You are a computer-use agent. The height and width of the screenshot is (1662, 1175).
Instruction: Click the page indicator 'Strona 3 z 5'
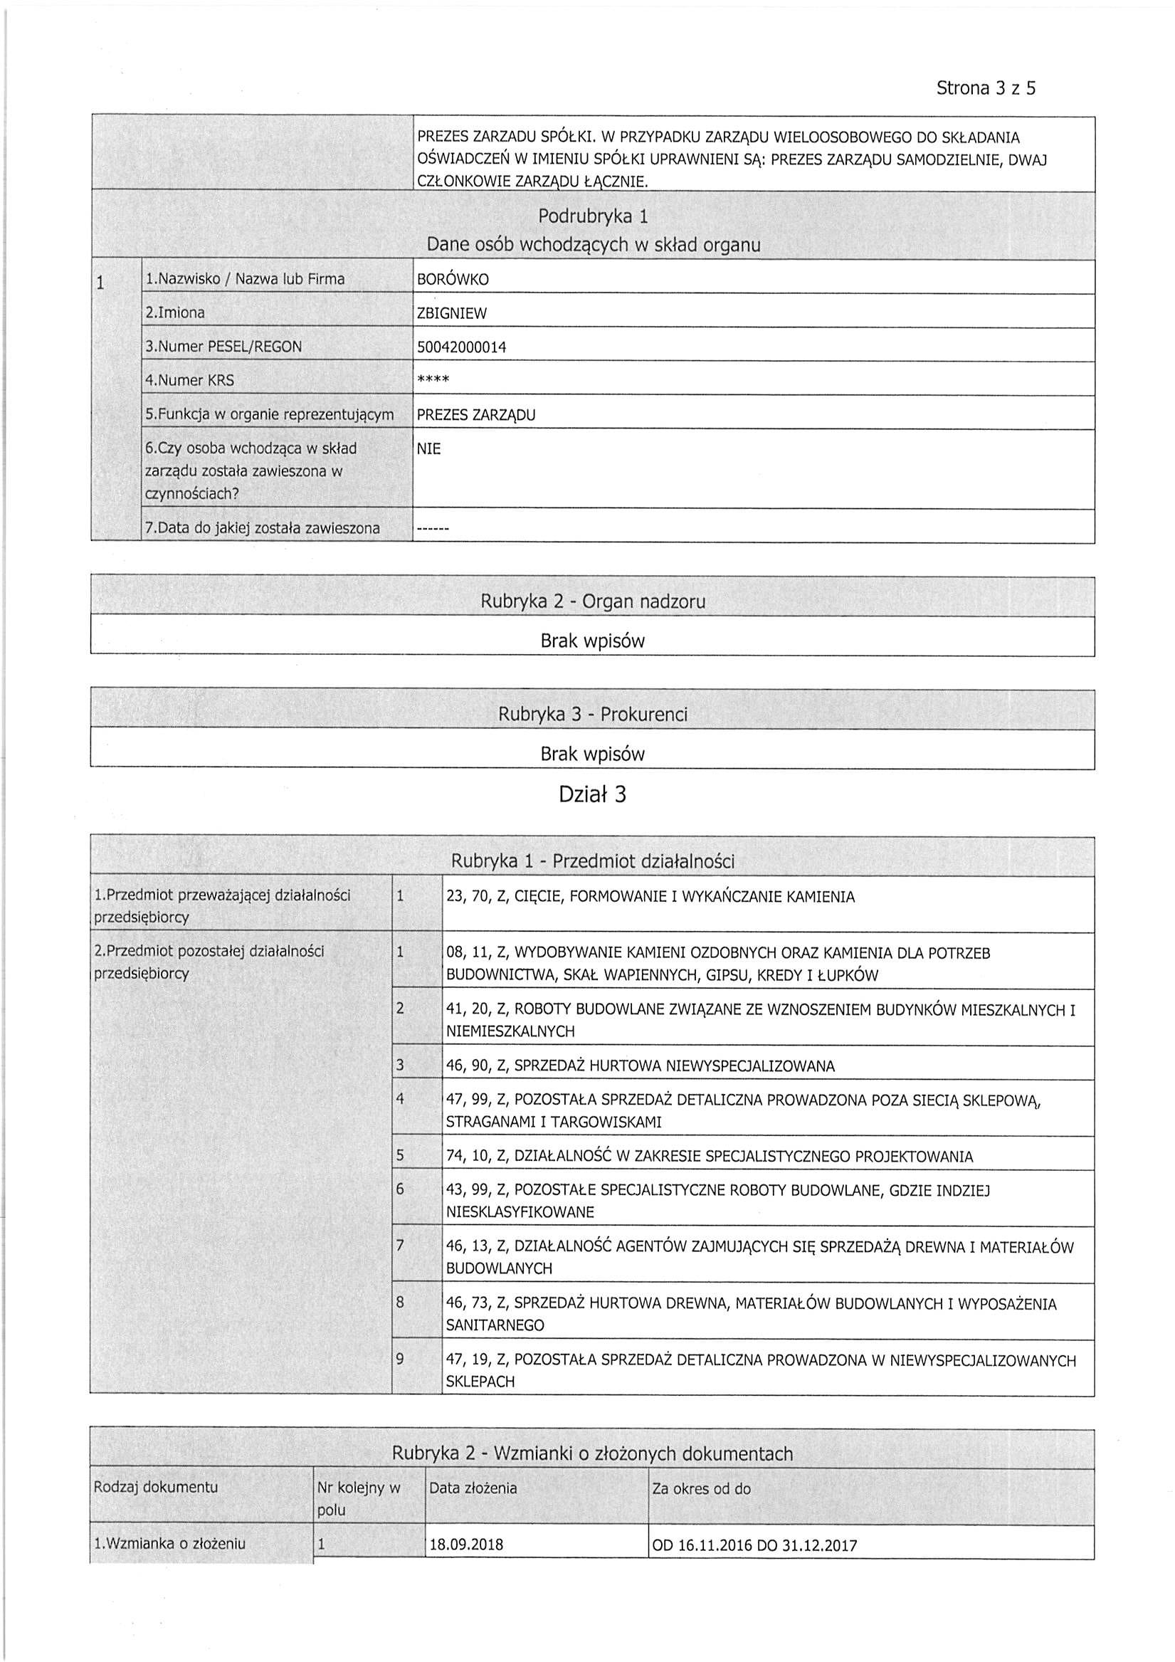[x=985, y=88]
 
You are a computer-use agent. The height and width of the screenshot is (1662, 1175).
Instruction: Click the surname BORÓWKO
[x=453, y=280]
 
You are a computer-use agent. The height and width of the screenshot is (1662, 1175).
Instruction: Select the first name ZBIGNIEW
[x=452, y=313]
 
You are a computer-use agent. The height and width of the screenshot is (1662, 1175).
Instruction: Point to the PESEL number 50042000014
[x=461, y=347]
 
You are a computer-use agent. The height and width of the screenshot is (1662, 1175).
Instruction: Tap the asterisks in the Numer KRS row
[x=433, y=380]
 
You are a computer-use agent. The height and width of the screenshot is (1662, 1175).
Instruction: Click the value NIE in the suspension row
[x=428, y=449]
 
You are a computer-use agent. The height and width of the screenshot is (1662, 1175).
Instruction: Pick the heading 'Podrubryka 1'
[x=593, y=216]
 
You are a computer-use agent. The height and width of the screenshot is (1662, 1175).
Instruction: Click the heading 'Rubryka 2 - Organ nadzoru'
[x=592, y=601]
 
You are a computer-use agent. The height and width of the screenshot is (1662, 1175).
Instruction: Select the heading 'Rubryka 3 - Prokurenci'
[x=592, y=715]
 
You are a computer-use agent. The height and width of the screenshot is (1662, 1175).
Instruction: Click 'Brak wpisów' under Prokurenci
[x=592, y=754]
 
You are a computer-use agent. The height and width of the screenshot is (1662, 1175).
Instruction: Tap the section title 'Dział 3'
[x=592, y=795]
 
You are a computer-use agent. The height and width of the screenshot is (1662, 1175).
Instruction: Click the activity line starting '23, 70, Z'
[x=650, y=897]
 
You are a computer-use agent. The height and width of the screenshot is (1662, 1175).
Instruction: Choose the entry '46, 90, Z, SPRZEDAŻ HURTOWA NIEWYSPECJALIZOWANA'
[x=640, y=1066]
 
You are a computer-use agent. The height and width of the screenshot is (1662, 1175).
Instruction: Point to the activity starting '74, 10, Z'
[x=709, y=1156]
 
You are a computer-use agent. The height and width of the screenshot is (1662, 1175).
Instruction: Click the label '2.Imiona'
[x=174, y=312]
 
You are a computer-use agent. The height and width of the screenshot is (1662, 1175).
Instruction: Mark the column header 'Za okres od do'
[x=701, y=1489]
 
